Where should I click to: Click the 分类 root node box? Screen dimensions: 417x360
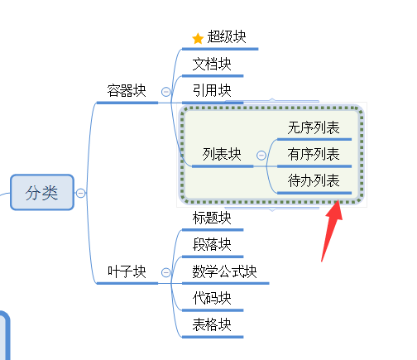42,192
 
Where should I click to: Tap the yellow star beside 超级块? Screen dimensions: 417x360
198,38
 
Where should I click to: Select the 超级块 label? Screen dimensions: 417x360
227,36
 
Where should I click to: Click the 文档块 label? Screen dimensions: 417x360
212,64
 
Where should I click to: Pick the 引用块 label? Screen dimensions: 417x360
212,90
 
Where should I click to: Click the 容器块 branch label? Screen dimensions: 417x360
127,90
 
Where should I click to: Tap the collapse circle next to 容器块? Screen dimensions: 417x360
165,92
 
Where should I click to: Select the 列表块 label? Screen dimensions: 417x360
222,154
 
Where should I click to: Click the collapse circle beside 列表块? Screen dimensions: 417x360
261,156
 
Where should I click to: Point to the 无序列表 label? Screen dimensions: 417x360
314,127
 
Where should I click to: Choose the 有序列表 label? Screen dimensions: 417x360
314,154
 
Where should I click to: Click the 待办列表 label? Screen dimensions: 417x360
314,180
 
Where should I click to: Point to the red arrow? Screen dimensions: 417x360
331,231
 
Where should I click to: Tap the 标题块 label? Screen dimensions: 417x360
212,218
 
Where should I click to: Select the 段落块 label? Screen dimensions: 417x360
212,244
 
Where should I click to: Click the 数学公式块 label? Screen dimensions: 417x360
224,271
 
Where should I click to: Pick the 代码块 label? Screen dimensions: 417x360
212,298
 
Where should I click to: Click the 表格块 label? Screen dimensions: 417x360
212,324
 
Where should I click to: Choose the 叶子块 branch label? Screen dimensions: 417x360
127,271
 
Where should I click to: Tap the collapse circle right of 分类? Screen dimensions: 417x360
80,193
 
